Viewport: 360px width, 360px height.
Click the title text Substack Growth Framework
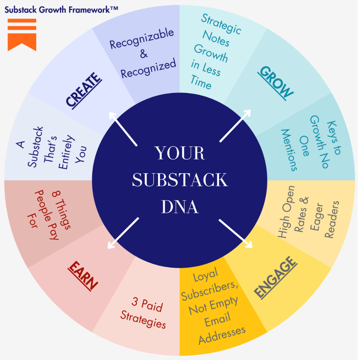point(61,9)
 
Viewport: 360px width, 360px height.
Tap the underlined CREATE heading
point(84,89)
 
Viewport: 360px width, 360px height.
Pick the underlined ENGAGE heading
point(276,277)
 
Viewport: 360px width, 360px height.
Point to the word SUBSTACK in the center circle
point(180,180)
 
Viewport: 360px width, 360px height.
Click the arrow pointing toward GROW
point(235,126)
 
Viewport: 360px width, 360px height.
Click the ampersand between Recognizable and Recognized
point(143,54)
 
